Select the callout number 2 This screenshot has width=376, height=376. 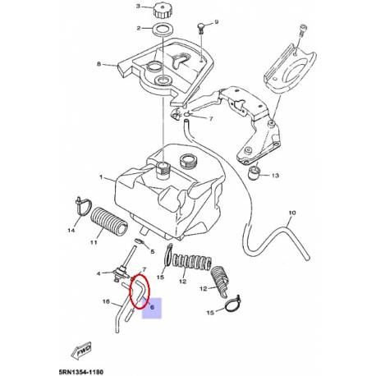click(x=135, y=29)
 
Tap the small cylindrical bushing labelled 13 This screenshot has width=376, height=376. click(x=255, y=174)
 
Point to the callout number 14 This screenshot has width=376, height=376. click(x=71, y=232)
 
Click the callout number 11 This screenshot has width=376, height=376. click(x=93, y=242)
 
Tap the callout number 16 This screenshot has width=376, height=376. click(x=106, y=302)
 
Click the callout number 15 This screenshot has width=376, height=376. click(x=210, y=313)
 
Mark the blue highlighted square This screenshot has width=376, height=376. click(x=154, y=307)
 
